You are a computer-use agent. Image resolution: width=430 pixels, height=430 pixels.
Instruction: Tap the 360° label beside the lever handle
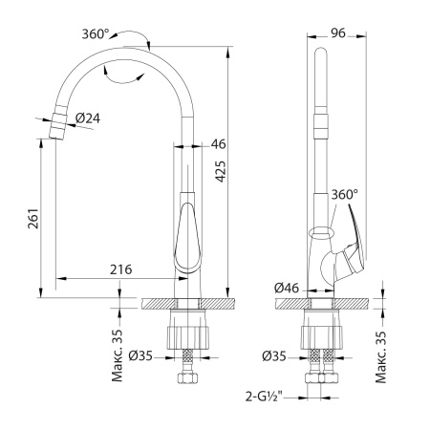[344, 194]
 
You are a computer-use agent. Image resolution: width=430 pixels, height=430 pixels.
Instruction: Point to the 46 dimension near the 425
[218, 144]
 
